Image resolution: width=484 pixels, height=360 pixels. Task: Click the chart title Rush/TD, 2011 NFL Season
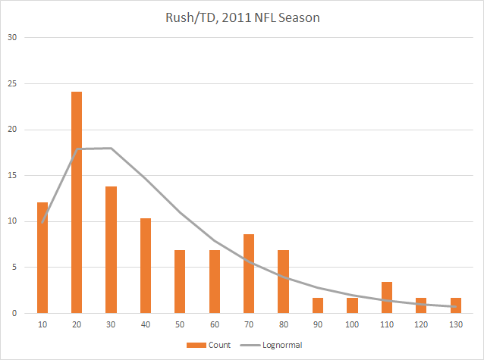click(x=243, y=17)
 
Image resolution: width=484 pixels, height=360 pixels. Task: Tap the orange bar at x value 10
click(x=42, y=258)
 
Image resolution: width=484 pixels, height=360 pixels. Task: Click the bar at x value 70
click(x=249, y=274)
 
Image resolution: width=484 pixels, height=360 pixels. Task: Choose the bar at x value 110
click(x=387, y=298)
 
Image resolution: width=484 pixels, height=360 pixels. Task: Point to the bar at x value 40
click(x=146, y=265)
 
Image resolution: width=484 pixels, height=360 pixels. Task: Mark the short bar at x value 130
click(x=456, y=305)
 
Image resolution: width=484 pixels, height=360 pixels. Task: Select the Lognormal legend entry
click(x=271, y=345)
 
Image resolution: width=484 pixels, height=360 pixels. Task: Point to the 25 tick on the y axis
click(x=11, y=83)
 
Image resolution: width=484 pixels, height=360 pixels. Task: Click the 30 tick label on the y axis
click(x=11, y=37)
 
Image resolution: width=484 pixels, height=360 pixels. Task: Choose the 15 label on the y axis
click(x=11, y=175)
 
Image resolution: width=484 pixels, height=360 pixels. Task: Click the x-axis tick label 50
click(x=180, y=324)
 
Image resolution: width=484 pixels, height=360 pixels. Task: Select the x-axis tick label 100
click(x=352, y=324)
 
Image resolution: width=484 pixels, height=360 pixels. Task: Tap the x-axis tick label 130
click(x=456, y=324)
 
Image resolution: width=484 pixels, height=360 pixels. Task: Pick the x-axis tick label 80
click(x=283, y=324)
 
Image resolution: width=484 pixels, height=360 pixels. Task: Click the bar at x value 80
click(x=283, y=281)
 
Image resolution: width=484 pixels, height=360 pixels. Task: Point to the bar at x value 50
click(x=180, y=281)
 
